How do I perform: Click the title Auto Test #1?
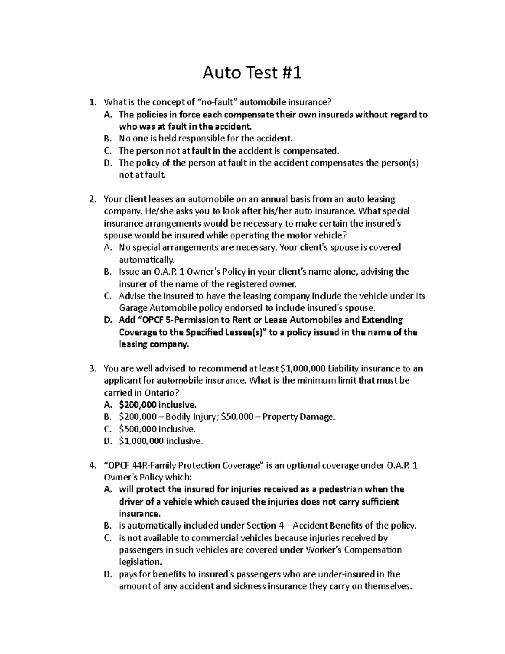click(x=252, y=73)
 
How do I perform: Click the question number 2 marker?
click(x=93, y=199)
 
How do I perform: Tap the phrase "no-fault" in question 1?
click(x=218, y=102)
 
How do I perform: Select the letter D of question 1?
click(x=107, y=163)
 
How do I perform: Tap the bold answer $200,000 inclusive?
click(x=157, y=405)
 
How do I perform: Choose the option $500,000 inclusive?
click(x=157, y=429)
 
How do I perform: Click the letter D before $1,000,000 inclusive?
click(x=107, y=441)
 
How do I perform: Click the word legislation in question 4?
click(x=140, y=562)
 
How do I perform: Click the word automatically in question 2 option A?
click(x=146, y=259)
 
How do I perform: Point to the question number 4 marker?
click(x=93, y=466)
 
